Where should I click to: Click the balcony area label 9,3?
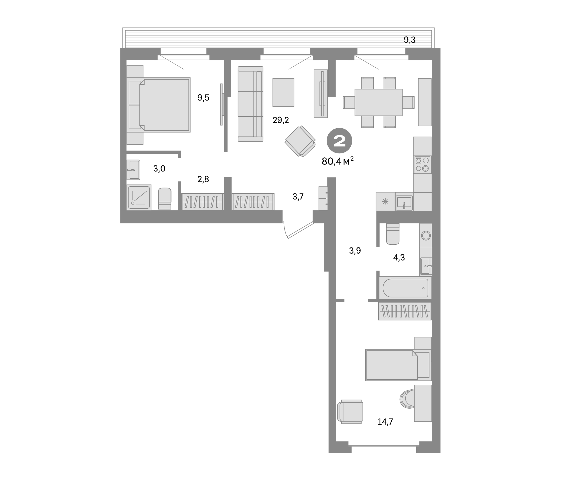click(x=409, y=40)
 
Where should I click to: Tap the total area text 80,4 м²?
click(x=337, y=161)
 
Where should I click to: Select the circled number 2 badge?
click(x=339, y=141)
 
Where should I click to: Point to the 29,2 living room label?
click(x=281, y=120)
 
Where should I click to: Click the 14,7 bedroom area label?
click(x=385, y=422)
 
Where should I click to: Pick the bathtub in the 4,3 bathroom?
click(x=405, y=288)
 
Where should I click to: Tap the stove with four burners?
click(x=422, y=165)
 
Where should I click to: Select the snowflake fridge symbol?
click(x=385, y=201)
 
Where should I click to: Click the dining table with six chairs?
click(x=378, y=102)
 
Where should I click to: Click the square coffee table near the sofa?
click(x=283, y=93)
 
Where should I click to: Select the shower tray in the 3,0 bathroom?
click(x=139, y=197)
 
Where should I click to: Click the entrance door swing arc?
click(x=285, y=230)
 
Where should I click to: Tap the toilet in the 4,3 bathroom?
click(x=393, y=234)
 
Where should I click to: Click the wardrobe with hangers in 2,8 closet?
click(x=202, y=202)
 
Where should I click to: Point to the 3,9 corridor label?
click(x=355, y=251)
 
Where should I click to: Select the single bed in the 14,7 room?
click(x=398, y=365)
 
